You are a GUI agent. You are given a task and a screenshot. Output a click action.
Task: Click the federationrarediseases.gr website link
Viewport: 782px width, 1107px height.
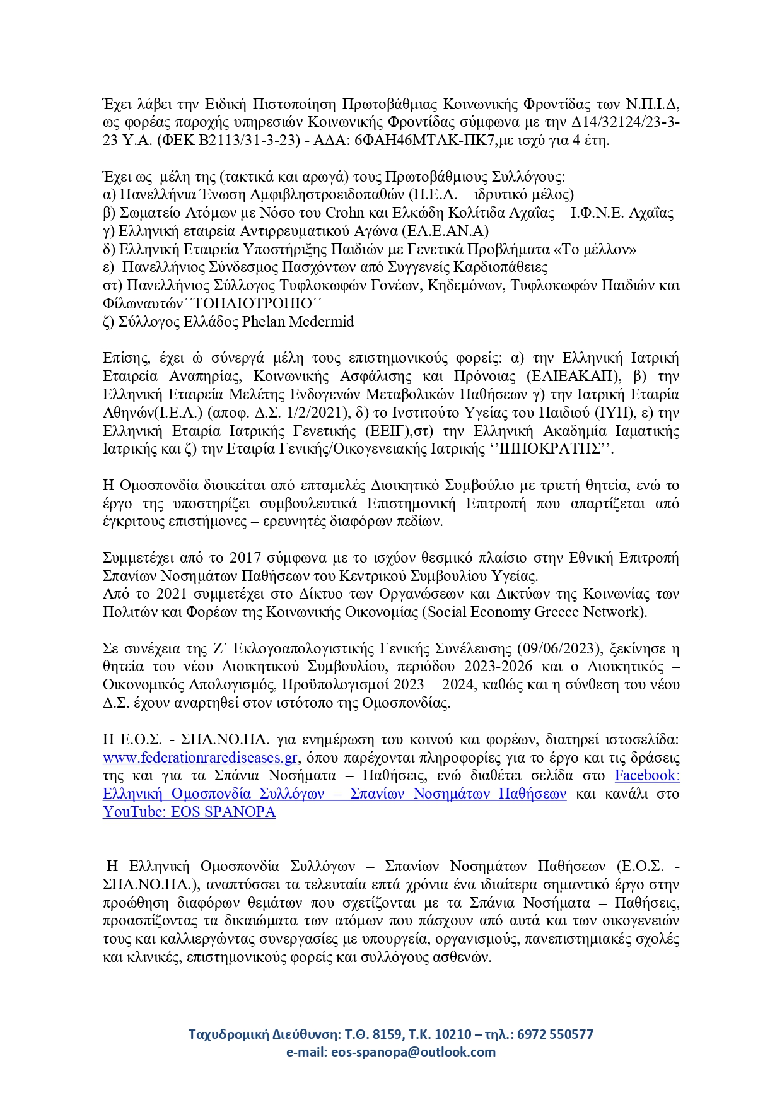click(200, 758)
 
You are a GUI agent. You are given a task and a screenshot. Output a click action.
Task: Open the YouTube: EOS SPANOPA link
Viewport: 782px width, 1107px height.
click(189, 812)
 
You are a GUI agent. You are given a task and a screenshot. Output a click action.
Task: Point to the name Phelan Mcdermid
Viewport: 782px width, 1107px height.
click(298, 322)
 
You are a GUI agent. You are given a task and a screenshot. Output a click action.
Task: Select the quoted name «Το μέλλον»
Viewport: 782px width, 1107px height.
click(595, 249)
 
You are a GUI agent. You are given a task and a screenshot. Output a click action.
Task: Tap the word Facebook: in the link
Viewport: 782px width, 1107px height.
click(647, 775)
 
